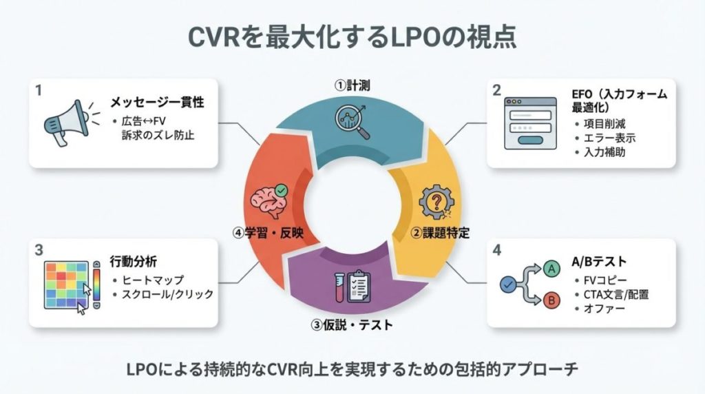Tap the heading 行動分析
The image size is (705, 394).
tap(134, 262)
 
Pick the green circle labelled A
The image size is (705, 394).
tap(551, 268)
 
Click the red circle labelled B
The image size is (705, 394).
tap(551, 300)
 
